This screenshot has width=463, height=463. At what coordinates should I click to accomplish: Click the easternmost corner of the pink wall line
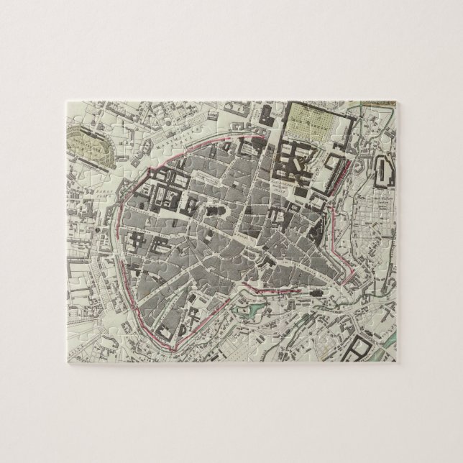coord(352,274)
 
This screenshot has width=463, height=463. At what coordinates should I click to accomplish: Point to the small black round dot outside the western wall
coord(95,229)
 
